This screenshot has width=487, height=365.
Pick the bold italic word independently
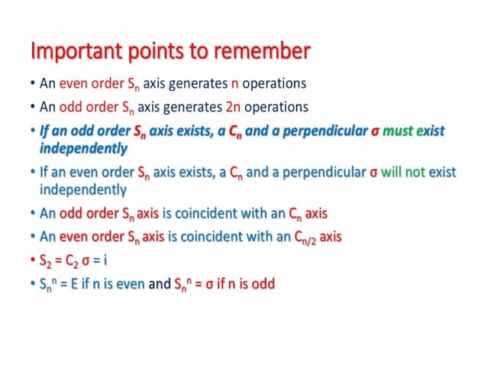click(x=83, y=147)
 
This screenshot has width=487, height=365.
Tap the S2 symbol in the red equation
click(x=46, y=260)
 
